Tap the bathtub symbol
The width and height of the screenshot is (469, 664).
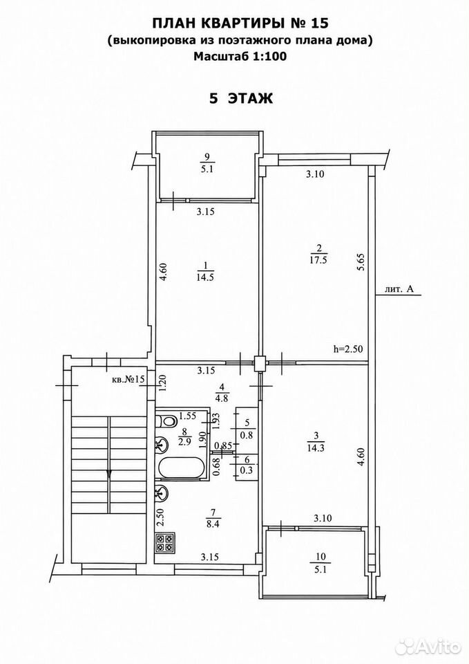(x=180, y=468)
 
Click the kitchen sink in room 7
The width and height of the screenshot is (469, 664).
(x=162, y=493)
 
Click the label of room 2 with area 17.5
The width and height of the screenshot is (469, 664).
(x=318, y=254)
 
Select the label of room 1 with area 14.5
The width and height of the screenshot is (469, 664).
(x=206, y=271)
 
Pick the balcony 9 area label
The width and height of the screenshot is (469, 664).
(x=207, y=163)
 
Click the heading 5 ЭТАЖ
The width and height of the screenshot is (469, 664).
(x=242, y=98)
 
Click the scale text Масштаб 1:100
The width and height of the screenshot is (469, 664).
(x=240, y=56)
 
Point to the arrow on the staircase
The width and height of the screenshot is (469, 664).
(x=110, y=474)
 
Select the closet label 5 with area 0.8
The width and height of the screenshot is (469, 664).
(x=247, y=428)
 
